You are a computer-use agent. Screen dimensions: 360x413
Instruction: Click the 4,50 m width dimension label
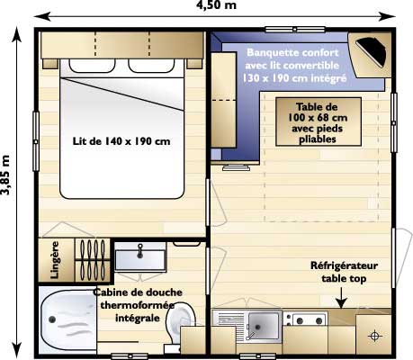(217, 7)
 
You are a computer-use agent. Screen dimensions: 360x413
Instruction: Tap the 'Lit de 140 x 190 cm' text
(121, 140)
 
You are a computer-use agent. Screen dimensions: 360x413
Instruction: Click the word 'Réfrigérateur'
(345, 266)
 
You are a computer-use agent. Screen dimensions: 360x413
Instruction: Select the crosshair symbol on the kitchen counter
(374, 336)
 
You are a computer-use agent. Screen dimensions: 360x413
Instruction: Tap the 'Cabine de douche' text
(135, 292)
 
